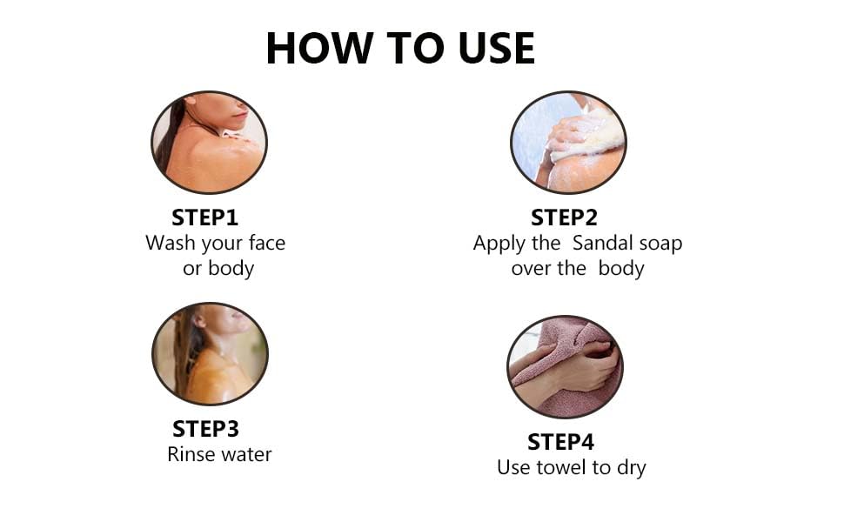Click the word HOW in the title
pyautogui.click(x=319, y=49)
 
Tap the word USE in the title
pyautogui.click(x=497, y=49)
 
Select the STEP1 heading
pyautogui.click(x=204, y=217)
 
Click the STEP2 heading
pyautogui.click(x=564, y=217)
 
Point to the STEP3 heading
pyautogui.click(x=205, y=429)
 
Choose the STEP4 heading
pyautogui.click(x=561, y=442)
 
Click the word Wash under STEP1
pyautogui.click(x=170, y=243)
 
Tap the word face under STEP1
pyautogui.click(x=267, y=243)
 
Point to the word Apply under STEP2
pyautogui.click(x=499, y=244)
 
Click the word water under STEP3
pyautogui.click(x=246, y=455)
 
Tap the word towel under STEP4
pyautogui.click(x=560, y=467)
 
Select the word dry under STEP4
pyautogui.click(x=632, y=469)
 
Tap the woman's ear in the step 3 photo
pyautogui.click(x=200, y=322)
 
